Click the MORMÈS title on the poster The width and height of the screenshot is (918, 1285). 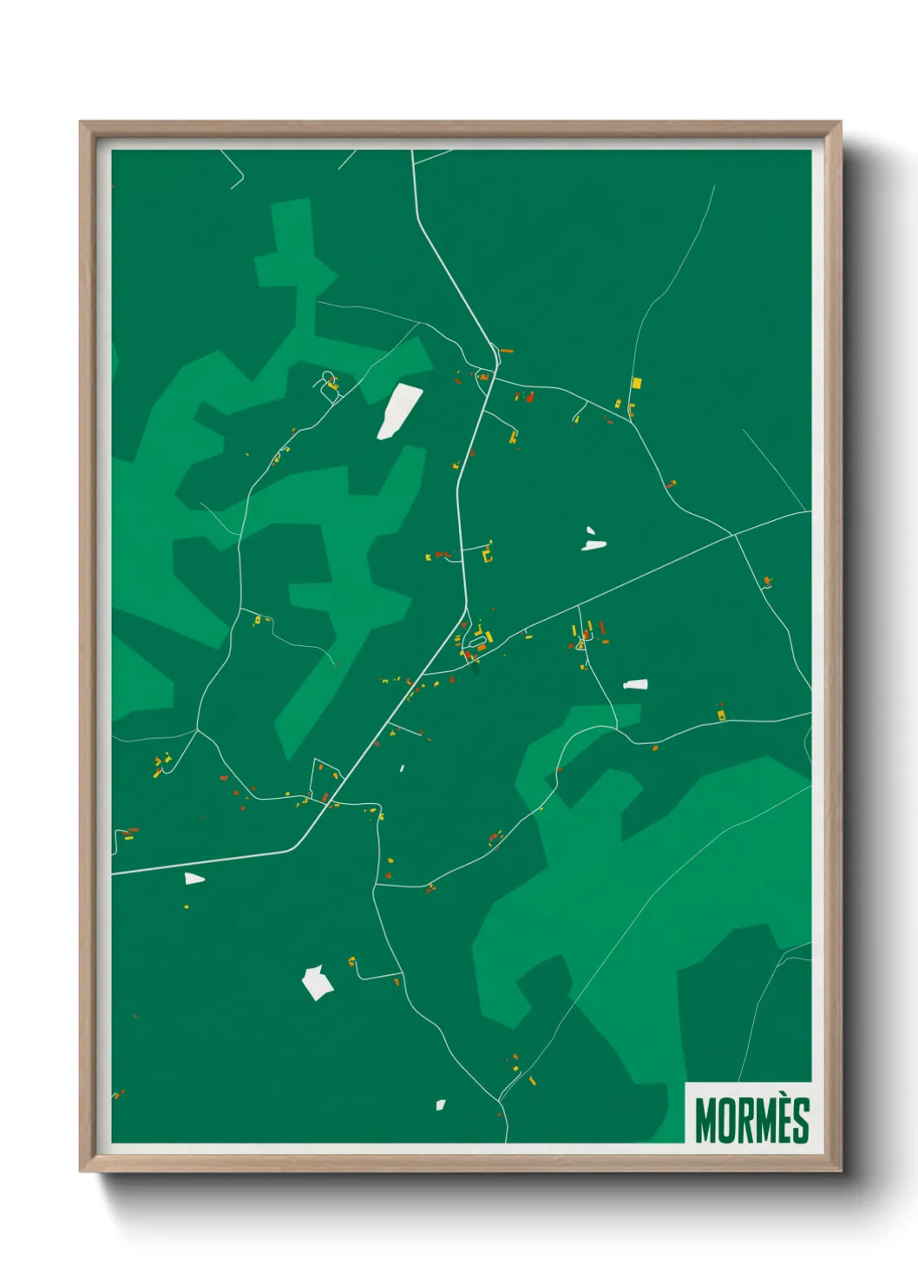[751, 1120]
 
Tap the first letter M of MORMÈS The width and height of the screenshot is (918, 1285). [706, 1121]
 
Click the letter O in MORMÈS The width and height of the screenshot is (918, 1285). [727, 1121]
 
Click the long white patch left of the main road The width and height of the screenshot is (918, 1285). [399, 411]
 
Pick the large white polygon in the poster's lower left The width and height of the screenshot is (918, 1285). [317, 982]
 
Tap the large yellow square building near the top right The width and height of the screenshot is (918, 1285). [636, 382]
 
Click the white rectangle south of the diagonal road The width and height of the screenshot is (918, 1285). [635, 684]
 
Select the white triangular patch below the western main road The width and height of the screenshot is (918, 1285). [193, 879]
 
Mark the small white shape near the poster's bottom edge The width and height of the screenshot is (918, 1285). [440, 1105]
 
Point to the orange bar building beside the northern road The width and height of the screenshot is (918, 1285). [506, 351]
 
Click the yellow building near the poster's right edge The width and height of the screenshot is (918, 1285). [720, 715]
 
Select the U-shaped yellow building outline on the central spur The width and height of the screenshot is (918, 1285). [489, 552]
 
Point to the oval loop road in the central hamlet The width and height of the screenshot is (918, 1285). [475, 643]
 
